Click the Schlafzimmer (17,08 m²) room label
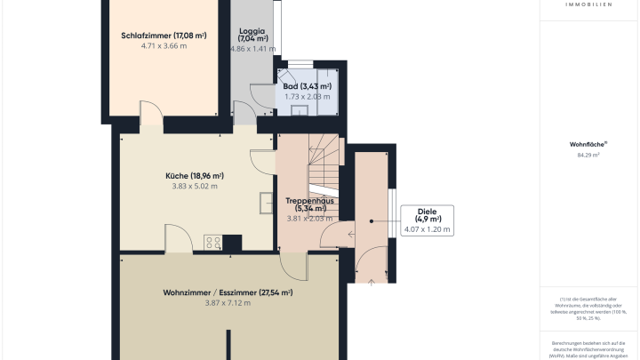[x=164, y=36]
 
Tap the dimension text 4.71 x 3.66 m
[x=164, y=46]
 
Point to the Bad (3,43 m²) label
[x=307, y=85]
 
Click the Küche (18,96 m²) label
[x=194, y=176]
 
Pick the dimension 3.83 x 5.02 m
[x=194, y=187]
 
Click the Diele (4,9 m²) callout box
[x=428, y=219]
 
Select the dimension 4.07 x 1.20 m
[x=428, y=229]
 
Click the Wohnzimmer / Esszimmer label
[x=228, y=292]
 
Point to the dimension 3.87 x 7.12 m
[x=228, y=303]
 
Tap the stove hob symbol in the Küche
[x=213, y=242]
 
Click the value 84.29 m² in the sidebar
[x=588, y=155]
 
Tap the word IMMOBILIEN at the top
[x=588, y=4]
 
